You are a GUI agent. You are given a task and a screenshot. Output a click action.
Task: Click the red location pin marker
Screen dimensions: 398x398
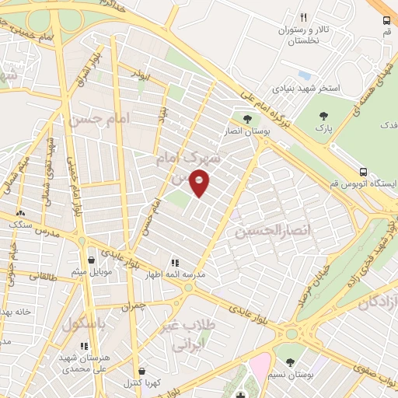(x=200, y=183)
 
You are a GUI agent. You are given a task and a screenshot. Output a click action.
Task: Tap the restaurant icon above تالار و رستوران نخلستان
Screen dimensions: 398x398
(x=304, y=17)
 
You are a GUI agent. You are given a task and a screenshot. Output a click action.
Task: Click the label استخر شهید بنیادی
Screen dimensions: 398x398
(x=309, y=89)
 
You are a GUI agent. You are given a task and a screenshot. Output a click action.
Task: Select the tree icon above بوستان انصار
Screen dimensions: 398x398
(x=247, y=119)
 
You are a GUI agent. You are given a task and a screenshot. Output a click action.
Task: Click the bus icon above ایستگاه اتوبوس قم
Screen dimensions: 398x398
(x=364, y=172)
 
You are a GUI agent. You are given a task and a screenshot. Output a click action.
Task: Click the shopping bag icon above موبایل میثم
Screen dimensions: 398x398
(x=93, y=260)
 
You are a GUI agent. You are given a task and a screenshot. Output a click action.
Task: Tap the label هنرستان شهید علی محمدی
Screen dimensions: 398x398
(x=87, y=361)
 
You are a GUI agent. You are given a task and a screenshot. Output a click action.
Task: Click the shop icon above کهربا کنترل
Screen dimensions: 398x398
(x=141, y=372)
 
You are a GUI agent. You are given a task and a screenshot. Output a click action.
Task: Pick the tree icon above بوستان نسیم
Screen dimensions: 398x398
(x=290, y=362)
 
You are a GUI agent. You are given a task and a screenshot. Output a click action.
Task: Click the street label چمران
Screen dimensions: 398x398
(x=132, y=307)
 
